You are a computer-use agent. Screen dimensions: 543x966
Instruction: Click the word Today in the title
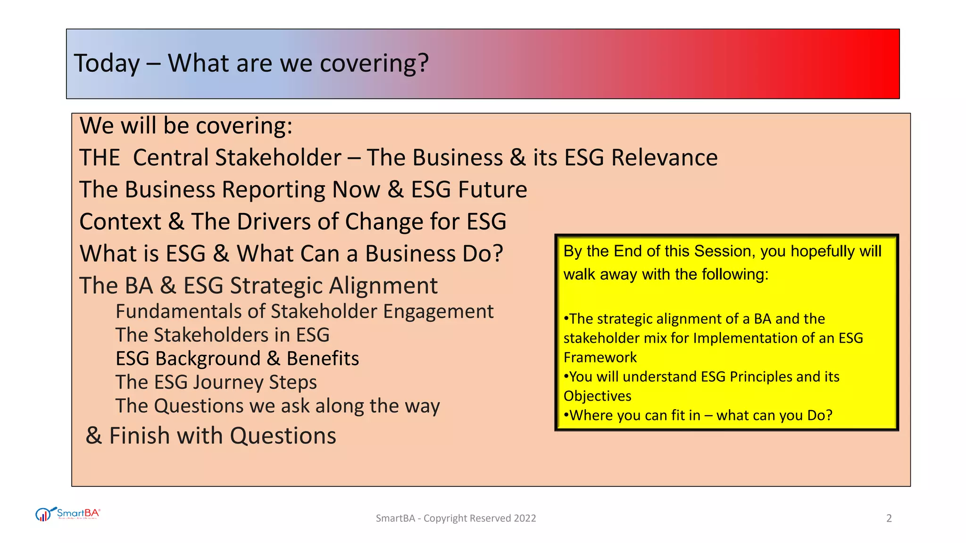coord(107,64)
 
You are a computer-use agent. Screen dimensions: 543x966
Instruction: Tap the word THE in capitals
coord(100,157)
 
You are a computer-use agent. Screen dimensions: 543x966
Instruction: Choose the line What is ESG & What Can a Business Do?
coord(291,254)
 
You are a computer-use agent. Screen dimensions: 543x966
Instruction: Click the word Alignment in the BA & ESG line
coord(383,286)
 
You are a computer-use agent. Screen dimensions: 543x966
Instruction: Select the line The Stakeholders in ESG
coord(222,335)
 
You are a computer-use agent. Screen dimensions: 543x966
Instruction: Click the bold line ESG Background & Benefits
coord(237,359)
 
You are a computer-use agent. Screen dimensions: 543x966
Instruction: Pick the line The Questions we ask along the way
coord(277,406)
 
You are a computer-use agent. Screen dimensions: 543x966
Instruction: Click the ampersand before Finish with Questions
coord(94,436)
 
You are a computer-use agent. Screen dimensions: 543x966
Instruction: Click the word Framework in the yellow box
coord(600,357)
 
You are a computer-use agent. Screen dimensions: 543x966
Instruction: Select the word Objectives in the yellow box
coord(597,396)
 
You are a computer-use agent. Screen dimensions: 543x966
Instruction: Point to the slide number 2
coord(889,518)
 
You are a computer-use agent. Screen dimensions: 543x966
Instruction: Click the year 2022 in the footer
coord(525,518)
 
